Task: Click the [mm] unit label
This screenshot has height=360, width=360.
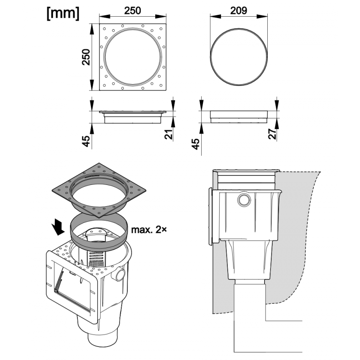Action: pyautogui.click(x=63, y=13)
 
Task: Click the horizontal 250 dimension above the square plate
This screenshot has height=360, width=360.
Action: pyautogui.click(x=132, y=10)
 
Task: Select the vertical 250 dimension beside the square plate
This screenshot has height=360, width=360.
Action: pyautogui.click(x=86, y=57)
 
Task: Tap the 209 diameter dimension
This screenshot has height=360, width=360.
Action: pyautogui.click(x=238, y=10)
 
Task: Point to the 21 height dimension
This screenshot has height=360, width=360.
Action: pyautogui.click(x=168, y=134)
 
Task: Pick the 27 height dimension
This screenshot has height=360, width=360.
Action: pyautogui.click(x=272, y=134)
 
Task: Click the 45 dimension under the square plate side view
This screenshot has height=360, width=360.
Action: pyautogui.click(x=86, y=141)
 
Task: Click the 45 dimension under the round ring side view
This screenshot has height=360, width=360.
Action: pyautogui.click(x=196, y=144)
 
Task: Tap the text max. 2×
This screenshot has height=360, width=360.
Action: pyautogui.click(x=149, y=229)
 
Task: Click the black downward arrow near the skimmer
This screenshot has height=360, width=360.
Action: pyautogui.click(x=58, y=227)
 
